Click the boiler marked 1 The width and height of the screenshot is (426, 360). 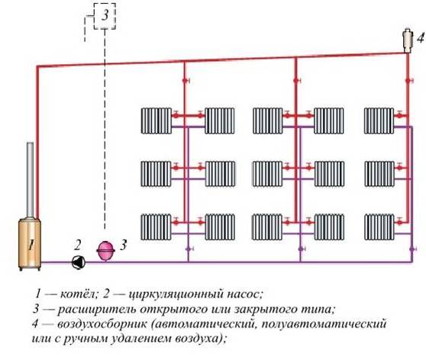coord(30,243)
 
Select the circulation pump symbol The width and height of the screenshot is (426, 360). coord(79,262)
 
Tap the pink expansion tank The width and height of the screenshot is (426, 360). coord(105,250)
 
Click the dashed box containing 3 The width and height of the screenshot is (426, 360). coord(105,16)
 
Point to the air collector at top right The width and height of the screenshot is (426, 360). coord(408,40)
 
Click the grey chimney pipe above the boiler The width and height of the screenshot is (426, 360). coord(31,180)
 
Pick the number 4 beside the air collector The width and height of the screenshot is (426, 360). coord(421,38)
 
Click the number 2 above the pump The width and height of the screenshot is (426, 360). coord(78,245)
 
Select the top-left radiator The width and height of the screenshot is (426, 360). coord(157,121)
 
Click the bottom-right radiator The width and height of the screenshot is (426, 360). coord(379,227)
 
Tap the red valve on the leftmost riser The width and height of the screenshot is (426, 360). coord(186,81)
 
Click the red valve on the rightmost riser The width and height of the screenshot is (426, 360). coord(408,81)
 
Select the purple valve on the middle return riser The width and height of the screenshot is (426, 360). coord(302,249)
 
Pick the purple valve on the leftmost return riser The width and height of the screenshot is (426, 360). coord(189,249)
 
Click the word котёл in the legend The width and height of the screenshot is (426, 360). coord(78,294)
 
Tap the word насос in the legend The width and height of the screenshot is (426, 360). coord(244,294)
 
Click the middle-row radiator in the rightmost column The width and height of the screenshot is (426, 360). coord(379,174)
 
